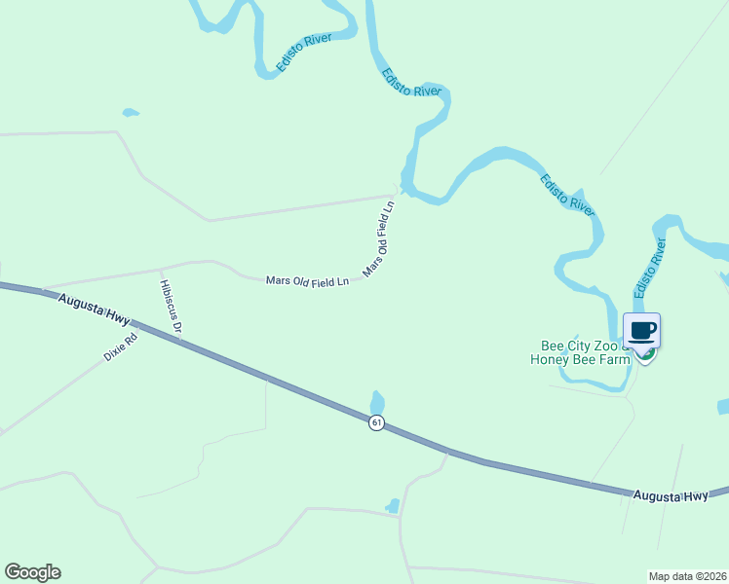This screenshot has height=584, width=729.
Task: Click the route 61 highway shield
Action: pos(376,422)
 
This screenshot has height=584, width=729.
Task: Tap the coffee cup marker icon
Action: pos(641,331)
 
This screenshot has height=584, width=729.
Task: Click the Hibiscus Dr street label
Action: pos(171,307)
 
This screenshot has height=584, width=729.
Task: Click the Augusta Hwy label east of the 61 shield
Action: pos(671,496)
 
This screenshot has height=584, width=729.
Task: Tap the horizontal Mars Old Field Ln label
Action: pos(307,281)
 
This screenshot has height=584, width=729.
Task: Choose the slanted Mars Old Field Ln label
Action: pos(378,238)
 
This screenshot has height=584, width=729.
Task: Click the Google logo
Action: pos(32,572)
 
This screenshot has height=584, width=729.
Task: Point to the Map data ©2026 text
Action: pos(687,575)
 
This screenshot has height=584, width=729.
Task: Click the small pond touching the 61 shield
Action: pos(377,402)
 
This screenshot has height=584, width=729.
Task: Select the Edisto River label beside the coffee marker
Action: pos(649,268)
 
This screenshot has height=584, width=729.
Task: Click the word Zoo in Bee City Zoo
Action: pos(608,346)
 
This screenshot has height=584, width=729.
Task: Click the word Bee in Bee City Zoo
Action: pos(553,346)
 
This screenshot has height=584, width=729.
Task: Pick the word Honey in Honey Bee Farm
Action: pos(549,359)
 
